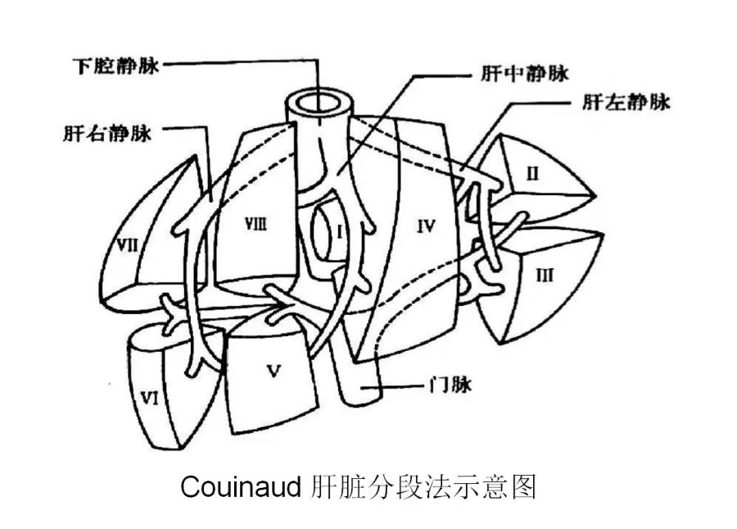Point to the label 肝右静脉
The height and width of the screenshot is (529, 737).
coord(106,133)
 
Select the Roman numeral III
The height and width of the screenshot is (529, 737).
coord(545,276)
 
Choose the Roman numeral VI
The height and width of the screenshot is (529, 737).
coord(148,399)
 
